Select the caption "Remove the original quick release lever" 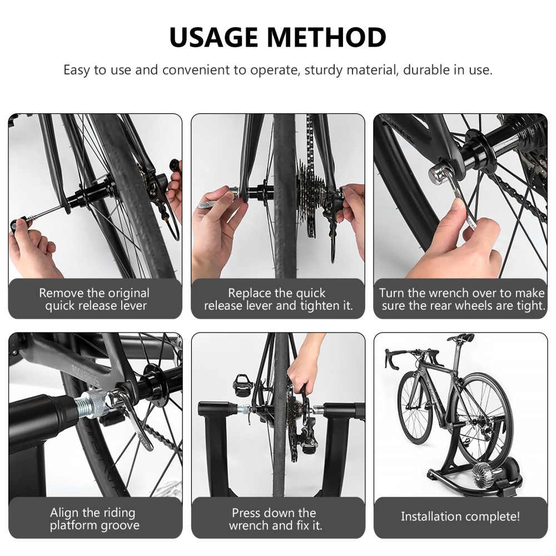tap(95, 299)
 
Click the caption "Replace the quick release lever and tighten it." tap(278, 299)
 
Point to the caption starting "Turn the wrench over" tap(460, 299)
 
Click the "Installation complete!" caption tap(460, 517)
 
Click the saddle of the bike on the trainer tap(461, 337)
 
